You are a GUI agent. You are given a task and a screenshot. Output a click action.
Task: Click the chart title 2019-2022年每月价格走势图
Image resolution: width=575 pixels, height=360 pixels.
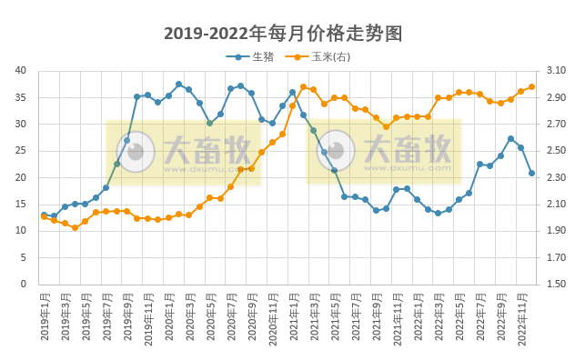tap(283, 34)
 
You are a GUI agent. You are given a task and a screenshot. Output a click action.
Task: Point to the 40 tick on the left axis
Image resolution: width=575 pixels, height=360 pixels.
tap(20, 71)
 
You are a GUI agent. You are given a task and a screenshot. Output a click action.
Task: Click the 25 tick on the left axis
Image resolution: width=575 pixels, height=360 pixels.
tap(20, 151)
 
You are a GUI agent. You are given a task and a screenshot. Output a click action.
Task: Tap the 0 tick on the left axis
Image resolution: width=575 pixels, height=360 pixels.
tap(24, 285)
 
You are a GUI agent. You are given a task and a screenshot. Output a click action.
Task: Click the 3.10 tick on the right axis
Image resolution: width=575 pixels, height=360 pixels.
tap(557, 71)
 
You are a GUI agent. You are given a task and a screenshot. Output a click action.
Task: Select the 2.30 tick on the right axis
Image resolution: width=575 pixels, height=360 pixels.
tap(557, 177)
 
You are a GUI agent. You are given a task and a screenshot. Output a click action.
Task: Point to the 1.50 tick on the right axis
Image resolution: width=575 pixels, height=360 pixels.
tap(557, 285)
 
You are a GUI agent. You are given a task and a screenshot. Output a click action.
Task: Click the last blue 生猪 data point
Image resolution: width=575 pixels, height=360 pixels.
tap(532, 173)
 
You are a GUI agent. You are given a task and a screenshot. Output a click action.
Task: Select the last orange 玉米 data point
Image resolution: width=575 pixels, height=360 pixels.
tap(532, 87)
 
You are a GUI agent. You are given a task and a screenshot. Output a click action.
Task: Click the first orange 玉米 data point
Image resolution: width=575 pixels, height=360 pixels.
tap(44, 216)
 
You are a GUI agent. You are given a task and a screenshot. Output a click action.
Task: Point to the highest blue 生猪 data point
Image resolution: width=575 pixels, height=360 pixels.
tap(178, 85)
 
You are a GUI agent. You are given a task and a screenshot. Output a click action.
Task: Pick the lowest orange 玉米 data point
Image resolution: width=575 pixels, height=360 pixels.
tap(75, 227)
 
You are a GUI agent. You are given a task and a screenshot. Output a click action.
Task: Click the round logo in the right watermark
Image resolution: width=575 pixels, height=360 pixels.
tap(336, 152)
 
